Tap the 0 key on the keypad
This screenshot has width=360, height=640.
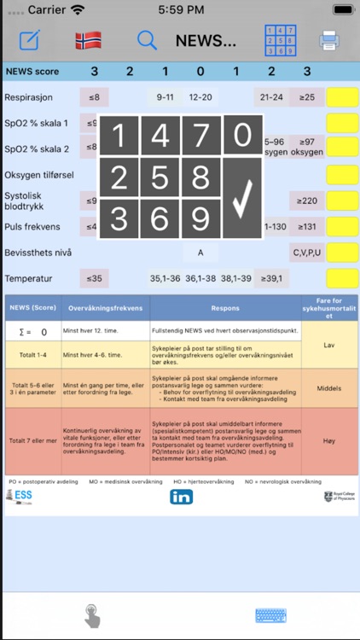click(243, 136)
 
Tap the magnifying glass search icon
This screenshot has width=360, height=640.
click(147, 40)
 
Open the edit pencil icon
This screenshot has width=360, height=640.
click(30, 40)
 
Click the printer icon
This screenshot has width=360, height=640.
click(329, 40)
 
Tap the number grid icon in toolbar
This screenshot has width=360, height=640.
click(280, 40)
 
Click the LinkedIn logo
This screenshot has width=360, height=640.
click(181, 496)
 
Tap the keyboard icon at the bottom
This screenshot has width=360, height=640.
click(270, 615)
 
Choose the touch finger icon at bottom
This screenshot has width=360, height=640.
click(90, 615)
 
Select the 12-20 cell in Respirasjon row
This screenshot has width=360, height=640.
click(201, 96)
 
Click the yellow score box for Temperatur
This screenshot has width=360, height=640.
click(343, 279)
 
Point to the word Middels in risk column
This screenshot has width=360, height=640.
click(305, 388)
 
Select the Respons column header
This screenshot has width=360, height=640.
click(225, 308)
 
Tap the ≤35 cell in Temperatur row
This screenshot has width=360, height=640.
click(92, 279)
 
